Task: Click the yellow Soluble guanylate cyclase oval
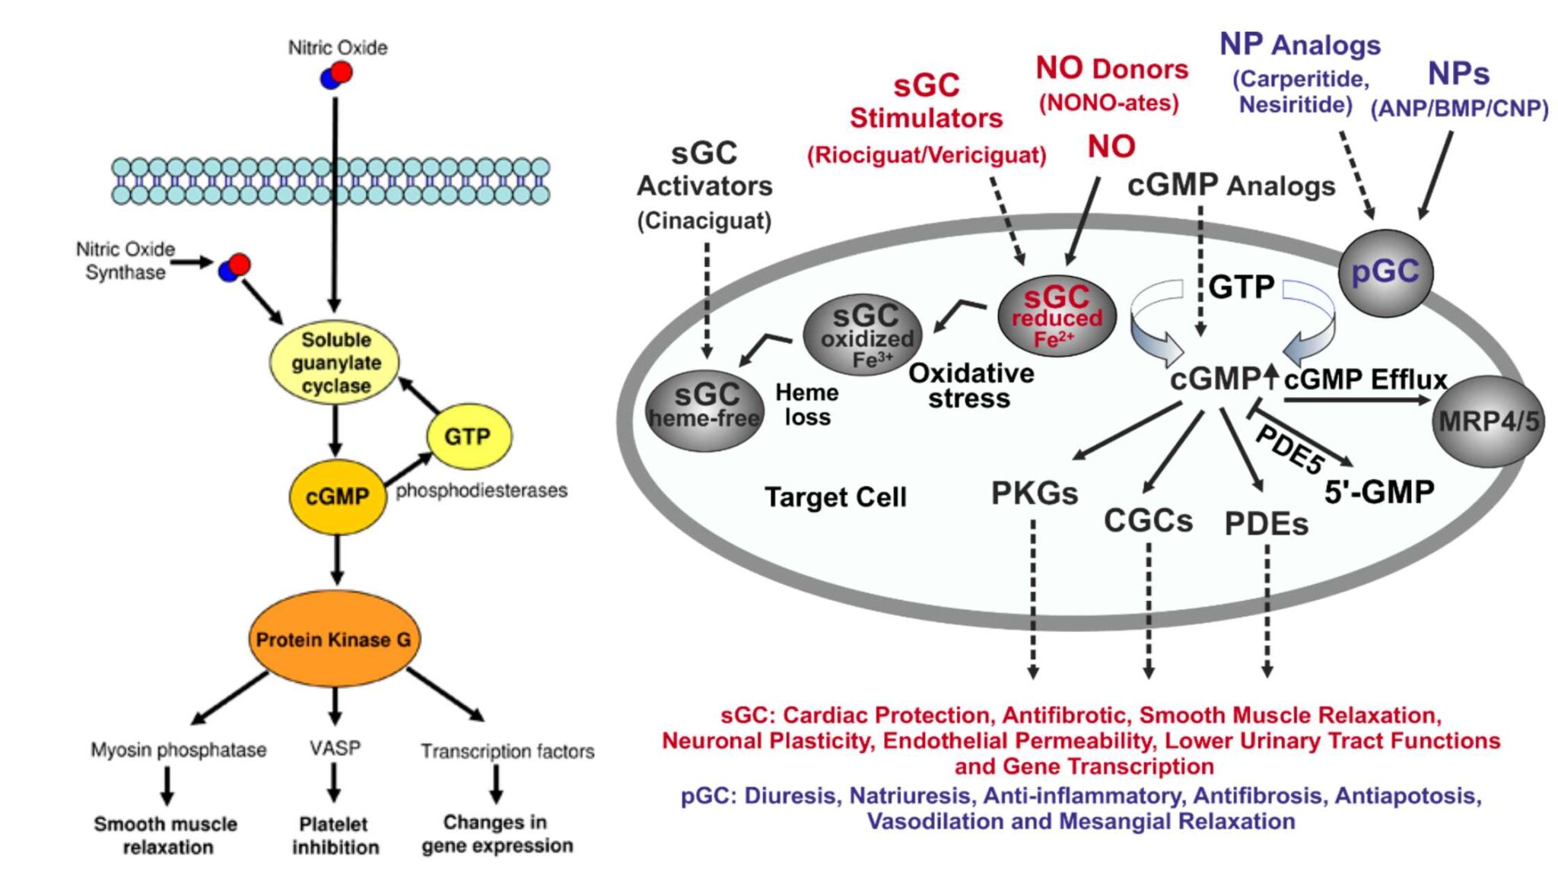(335, 362)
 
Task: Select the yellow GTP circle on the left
(468, 436)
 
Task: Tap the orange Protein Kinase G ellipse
(333, 639)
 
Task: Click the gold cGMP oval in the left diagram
(337, 497)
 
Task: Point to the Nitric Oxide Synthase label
(125, 261)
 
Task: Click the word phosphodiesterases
(481, 490)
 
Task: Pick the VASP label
(335, 748)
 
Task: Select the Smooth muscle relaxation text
(166, 835)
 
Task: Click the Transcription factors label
(507, 751)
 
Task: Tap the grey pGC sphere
(1385, 272)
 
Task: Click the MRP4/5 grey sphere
(1488, 421)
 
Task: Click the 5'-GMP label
(1378, 492)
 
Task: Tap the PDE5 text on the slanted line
(1289, 449)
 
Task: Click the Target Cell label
(835, 497)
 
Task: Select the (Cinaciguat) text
(704, 221)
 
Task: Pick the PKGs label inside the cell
(1034, 494)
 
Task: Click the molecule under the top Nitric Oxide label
(336, 75)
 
